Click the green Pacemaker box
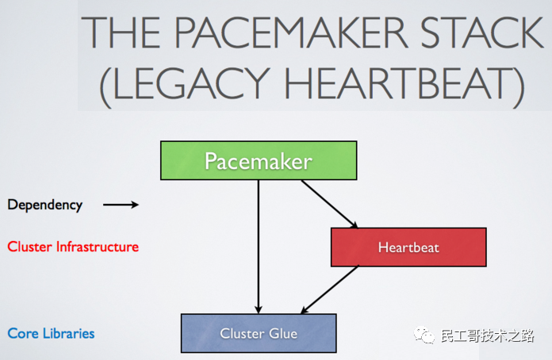[259, 160]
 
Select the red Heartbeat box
[408, 247]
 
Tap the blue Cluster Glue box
[259, 333]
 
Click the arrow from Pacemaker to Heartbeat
[329, 204]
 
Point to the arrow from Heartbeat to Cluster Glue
[329, 289]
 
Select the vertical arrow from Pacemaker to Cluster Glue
[259, 247]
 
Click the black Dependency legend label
[45, 205]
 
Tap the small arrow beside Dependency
[121, 205]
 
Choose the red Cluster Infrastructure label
[73, 247]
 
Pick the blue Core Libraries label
[51, 333]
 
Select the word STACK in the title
[481, 33]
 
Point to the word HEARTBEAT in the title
[400, 83]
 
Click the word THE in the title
[121, 33]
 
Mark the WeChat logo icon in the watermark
[424, 335]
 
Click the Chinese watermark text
[487, 335]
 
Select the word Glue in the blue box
[283, 333]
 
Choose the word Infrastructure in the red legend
[98, 247]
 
